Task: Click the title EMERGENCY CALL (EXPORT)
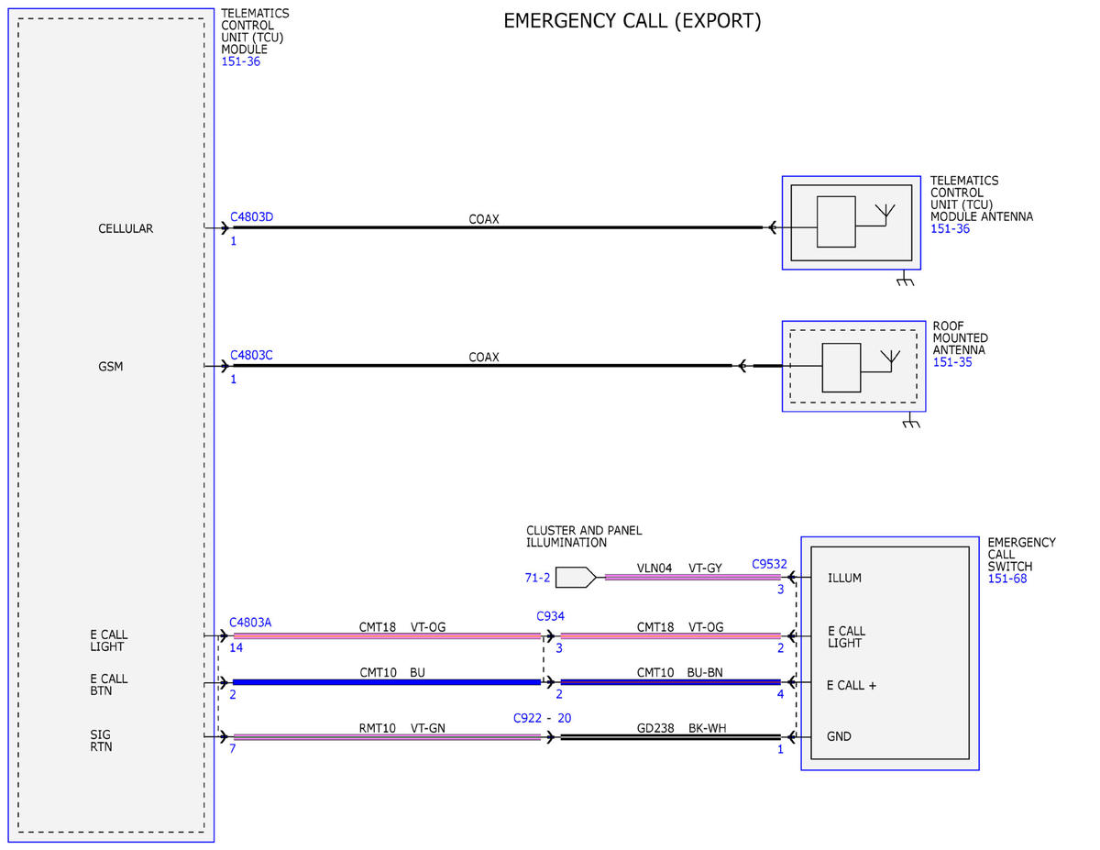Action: coord(632,21)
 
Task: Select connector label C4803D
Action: coord(251,216)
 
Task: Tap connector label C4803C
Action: coord(251,355)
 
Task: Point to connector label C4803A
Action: coord(250,623)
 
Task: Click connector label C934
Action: coord(550,616)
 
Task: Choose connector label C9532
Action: coord(769,564)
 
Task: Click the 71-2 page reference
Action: coord(537,578)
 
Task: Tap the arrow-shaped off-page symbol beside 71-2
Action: coord(576,577)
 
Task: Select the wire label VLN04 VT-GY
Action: coord(679,568)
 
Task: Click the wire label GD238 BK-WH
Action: coord(681,728)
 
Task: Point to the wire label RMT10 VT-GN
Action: coord(401,728)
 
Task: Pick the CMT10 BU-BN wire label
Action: coord(679,672)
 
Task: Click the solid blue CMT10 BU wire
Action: coord(387,682)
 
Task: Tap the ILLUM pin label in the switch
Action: coord(844,578)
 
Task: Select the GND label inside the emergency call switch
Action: coord(838,736)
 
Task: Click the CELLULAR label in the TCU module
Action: coord(126,228)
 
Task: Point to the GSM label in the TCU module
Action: coord(110,366)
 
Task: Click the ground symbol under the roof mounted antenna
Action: coord(910,420)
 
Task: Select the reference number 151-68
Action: coord(1006,579)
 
